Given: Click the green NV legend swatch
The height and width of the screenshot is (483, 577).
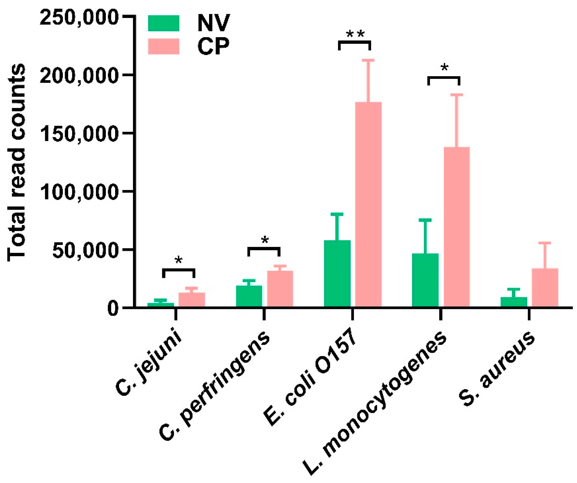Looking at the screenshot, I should click(164, 23).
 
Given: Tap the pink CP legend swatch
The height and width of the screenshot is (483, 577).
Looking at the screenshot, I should click(164, 46).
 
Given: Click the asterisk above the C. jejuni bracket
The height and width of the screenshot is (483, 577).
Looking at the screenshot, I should click(179, 260).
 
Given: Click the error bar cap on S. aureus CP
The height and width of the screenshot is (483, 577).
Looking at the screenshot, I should click(544, 243).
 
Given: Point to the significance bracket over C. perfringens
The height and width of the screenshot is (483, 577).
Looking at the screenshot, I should click(264, 248).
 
